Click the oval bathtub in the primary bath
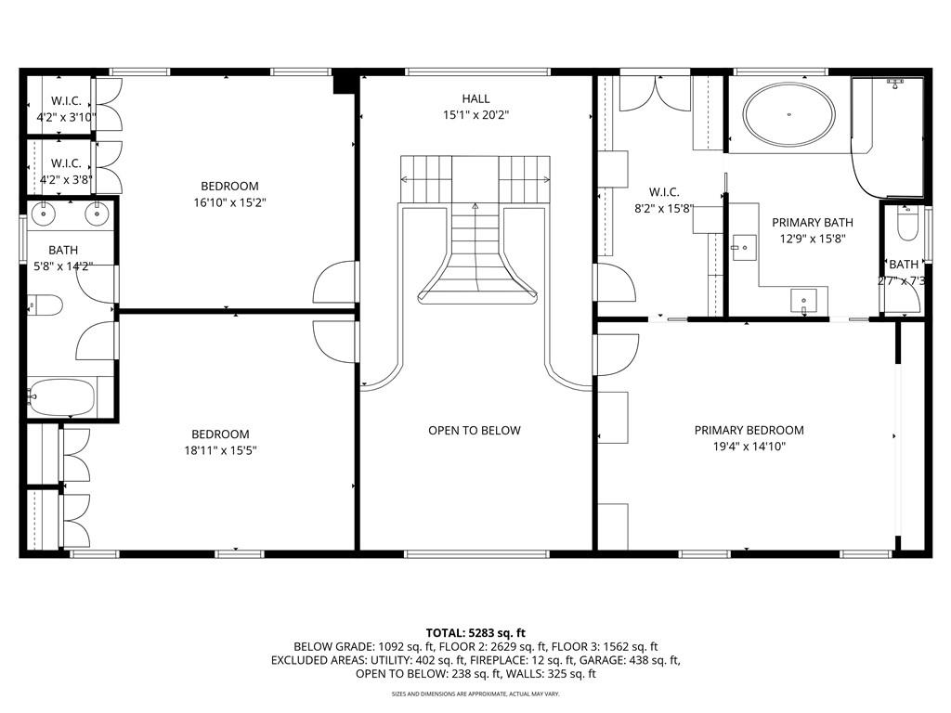(788, 115)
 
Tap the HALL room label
(475, 98)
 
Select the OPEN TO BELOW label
(474, 431)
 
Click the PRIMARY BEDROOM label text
(749, 430)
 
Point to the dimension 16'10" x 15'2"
(227, 202)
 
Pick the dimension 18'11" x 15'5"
(220, 450)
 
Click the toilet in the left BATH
(45, 305)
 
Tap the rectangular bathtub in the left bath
(60, 397)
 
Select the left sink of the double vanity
(43, 215)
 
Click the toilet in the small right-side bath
(907, 226)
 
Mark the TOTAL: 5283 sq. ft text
(475, 632)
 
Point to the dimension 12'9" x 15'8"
(812, 239)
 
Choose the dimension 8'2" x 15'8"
(660, 210)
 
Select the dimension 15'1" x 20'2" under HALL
(475, 115)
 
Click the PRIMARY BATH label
(812, 223)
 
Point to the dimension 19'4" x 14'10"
(749, 447)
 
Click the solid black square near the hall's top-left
(345, 83)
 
